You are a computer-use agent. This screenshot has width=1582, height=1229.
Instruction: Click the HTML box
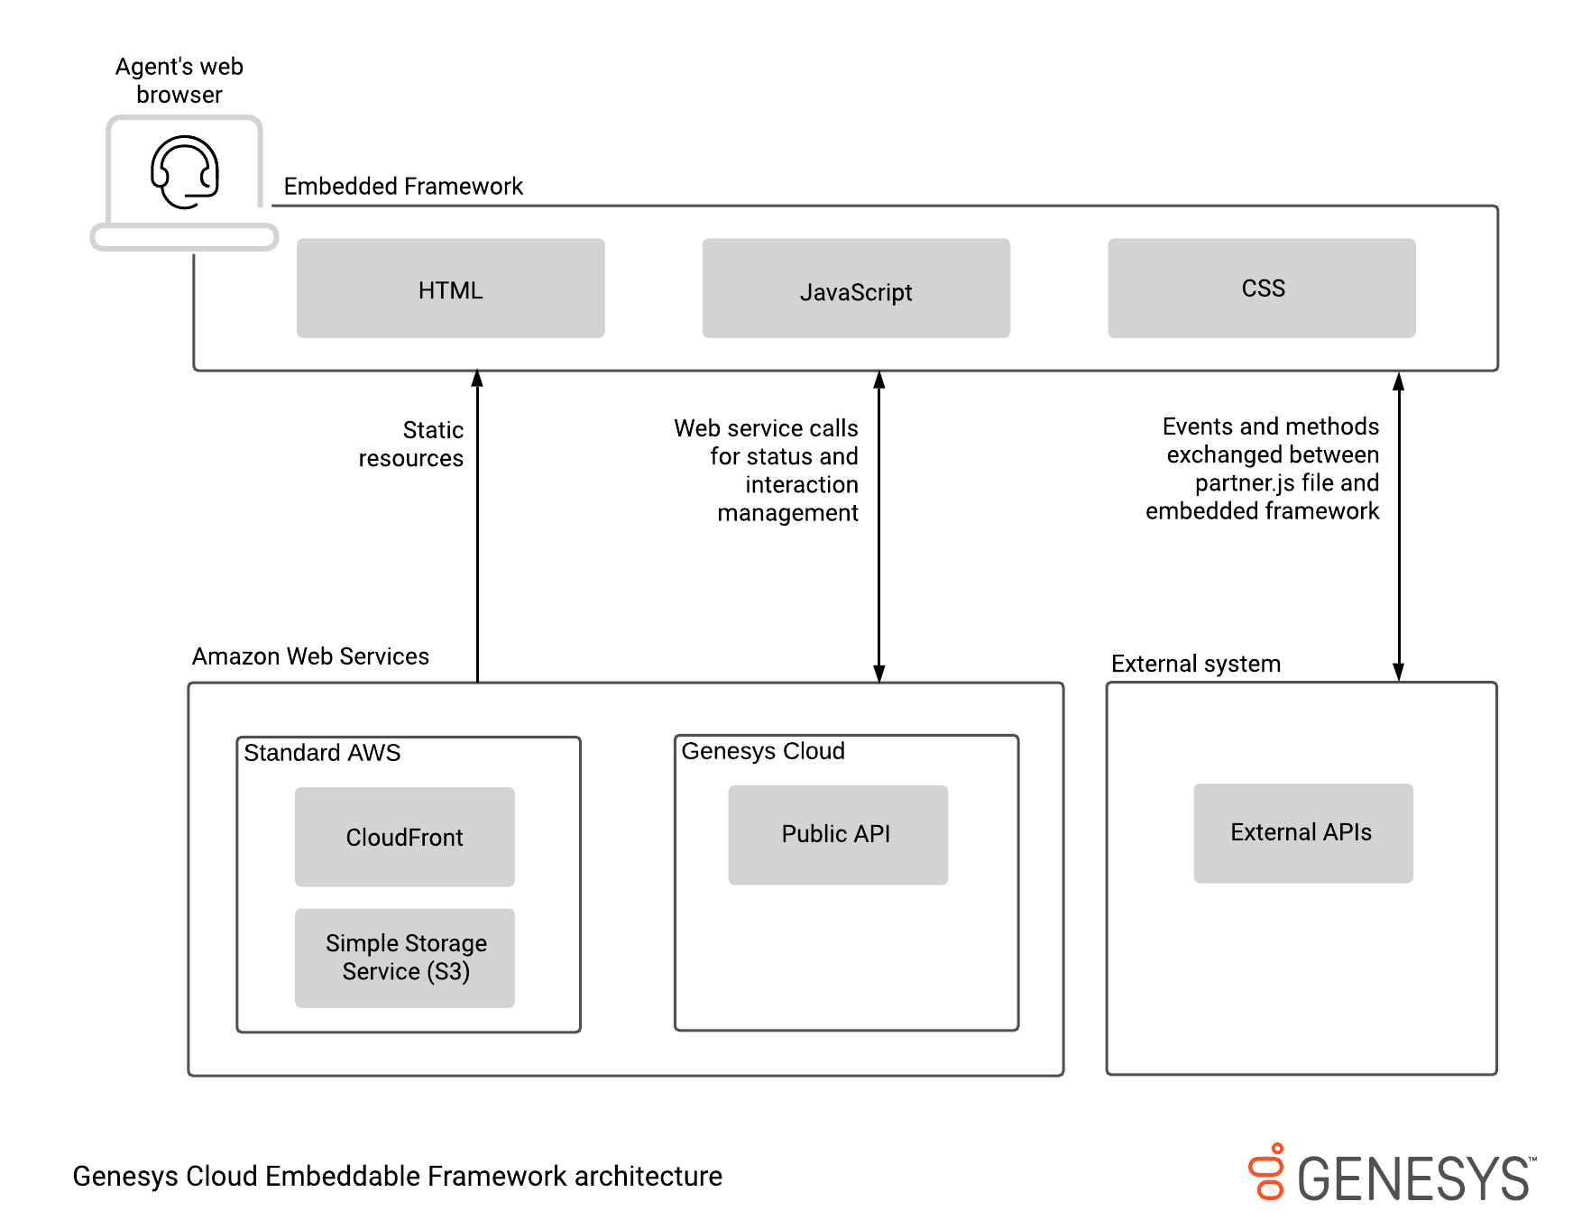[x=450, y=289]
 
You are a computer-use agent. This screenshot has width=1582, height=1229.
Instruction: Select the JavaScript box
[x=855, y=289]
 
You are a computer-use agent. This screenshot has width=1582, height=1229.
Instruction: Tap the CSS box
[x=1261, y=289]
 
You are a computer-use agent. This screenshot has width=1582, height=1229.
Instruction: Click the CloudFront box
[x=404, y=837]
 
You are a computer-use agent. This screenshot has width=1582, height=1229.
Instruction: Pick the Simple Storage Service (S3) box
[x=404, y=958]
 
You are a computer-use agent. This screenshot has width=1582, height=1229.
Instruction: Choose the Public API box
[x=837, y=834]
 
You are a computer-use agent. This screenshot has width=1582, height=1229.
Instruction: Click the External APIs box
[x=1302, y=832]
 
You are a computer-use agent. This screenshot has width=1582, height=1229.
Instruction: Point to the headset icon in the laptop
[x=185, y=172]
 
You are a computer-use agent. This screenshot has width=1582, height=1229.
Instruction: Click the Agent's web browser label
[x=179, y=80]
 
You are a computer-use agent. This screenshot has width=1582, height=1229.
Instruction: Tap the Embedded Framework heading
[x=403, y=186]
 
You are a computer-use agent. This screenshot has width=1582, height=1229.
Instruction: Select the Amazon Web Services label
[x=310, y=656]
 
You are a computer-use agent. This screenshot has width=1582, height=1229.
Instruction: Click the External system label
[x=1195, y=664]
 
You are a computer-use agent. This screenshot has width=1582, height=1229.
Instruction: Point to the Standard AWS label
[x=322, y=753]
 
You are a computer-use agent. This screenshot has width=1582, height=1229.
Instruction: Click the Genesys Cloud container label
[x=763, y=751]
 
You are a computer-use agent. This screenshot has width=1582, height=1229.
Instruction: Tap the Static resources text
[x=413, y=444]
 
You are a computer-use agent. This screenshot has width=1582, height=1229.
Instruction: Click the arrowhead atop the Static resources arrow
[x=477, y=378]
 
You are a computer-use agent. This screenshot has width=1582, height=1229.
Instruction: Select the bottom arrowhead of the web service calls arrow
[x=878, y=674]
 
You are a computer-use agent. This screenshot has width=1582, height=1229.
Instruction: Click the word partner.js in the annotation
[x=1245, y=483]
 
